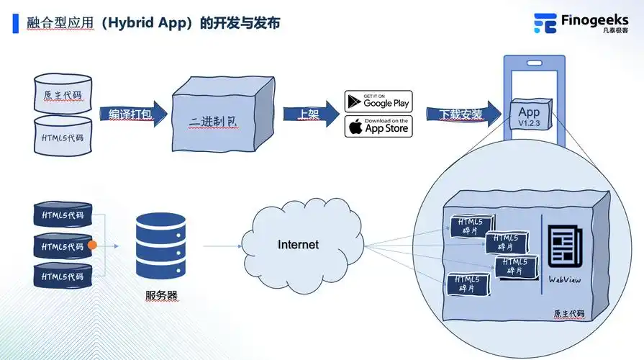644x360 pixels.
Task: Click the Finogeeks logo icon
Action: tap(545, 23)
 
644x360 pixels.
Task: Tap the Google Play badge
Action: tap(378, 101)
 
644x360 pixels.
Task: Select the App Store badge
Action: tap(378, 126)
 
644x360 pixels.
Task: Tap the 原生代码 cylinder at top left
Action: tap(63, 94)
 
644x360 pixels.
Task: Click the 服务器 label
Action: tap(161, 295)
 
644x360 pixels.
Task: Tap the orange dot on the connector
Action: tap(92, 246)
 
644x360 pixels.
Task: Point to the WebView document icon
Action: tap(563, 247)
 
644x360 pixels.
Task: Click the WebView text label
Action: tap(563, 279)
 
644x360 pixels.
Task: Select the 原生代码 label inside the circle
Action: tap(568, 314)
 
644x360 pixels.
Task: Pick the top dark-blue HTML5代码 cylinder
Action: tap(63, 215)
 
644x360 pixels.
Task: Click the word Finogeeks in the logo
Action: tap(595, 21)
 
